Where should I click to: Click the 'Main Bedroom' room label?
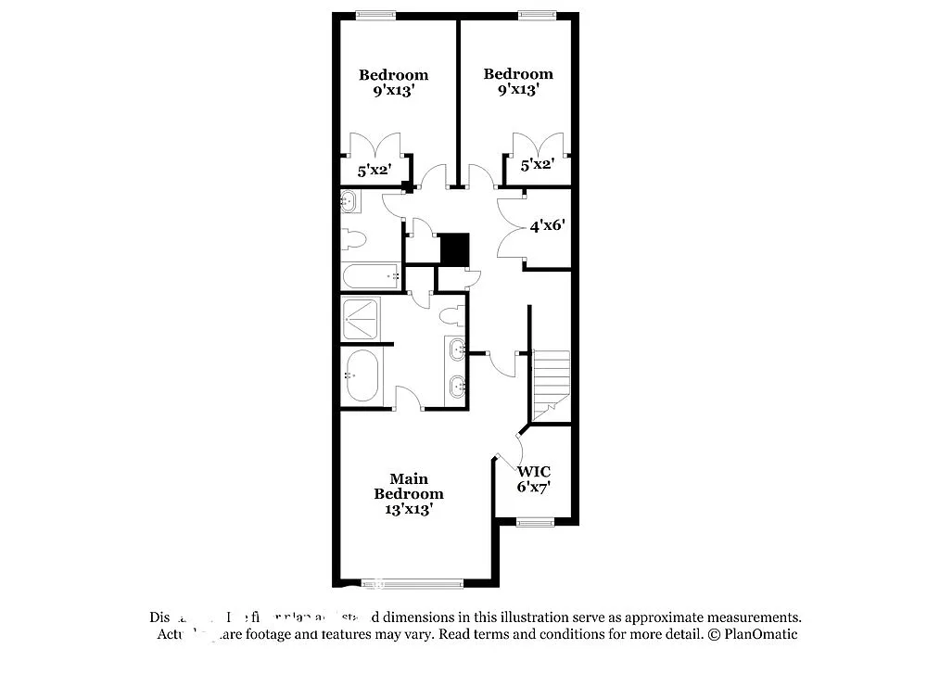408,486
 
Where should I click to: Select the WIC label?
534,472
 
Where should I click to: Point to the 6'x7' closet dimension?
534,487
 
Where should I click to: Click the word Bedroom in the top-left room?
393,75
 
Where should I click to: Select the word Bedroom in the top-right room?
517,74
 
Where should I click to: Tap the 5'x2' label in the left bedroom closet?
375,171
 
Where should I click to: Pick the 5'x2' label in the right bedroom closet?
537,165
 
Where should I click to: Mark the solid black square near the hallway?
454,249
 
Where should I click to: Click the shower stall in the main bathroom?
361,319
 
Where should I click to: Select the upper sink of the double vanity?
457,350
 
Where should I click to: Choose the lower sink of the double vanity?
457,387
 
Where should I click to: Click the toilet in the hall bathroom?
353,238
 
